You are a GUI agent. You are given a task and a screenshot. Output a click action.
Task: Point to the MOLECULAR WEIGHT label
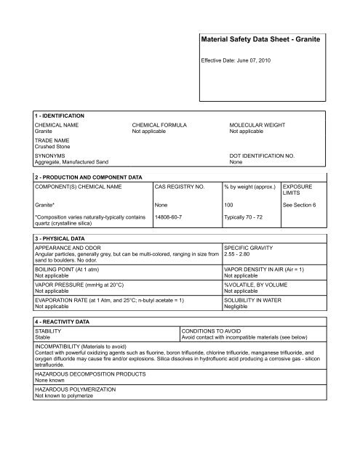pos(259,126)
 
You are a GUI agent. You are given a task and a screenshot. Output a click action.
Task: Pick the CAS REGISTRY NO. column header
pos(182,187)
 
